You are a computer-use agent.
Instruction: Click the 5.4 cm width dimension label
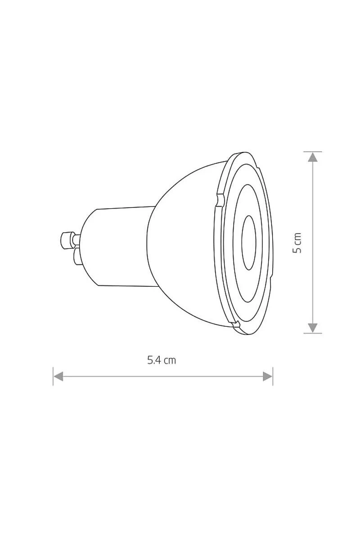162,360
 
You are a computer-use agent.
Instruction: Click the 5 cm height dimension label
297,243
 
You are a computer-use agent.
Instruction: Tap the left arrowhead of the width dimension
58,376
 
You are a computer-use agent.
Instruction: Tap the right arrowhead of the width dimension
268,376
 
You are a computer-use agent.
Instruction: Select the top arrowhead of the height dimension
313,157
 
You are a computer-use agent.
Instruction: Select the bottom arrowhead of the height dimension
313,328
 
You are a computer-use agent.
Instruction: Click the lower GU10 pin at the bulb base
78,257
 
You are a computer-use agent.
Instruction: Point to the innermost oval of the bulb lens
249,243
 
